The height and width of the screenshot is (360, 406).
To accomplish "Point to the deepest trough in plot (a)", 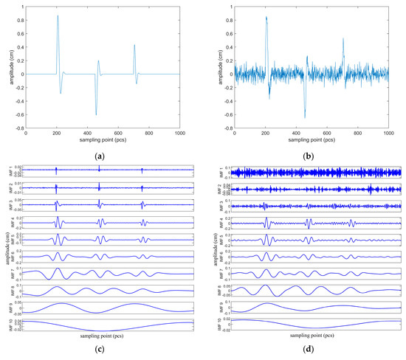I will coord(96,114).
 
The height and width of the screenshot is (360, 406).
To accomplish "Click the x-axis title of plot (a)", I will coord(103,142).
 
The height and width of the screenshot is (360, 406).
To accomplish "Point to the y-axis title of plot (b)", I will coord(218,68).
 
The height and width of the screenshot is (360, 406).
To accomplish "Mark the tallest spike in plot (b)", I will coord(266,15).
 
